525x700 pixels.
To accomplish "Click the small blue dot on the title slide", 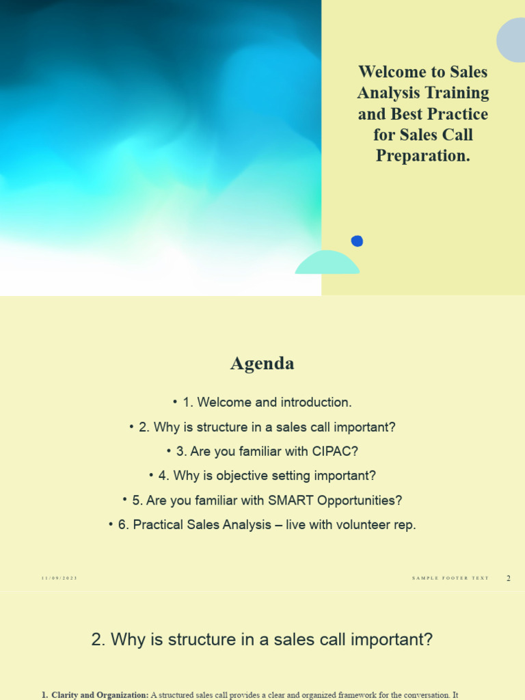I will pyautogui.click(x=357, y=241).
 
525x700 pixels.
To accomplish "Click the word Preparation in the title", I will pyautogui.click(x=423, y=156).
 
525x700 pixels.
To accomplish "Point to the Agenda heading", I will pyautogui.click(x=262, y=364).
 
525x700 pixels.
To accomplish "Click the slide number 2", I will pyautogui.click(x=509, y=579).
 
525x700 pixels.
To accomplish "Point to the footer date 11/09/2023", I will pyautogui.click(x=59, y=579).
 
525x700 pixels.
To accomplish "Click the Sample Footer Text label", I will pyautogui.click(x=450, y=579).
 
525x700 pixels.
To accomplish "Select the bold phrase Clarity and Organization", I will pyautogui.click(x=100, y=695).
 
